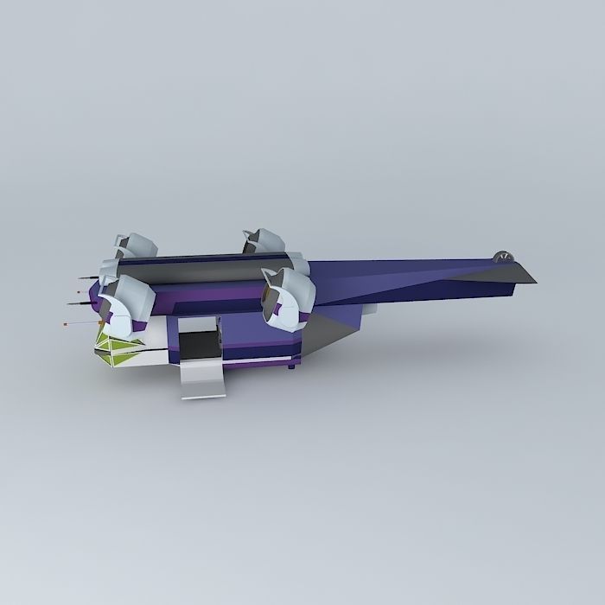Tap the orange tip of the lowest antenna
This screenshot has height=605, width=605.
pyautogui.click(x=67, y=323)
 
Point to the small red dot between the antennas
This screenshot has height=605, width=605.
pyautogui.click(x=78, y=294)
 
